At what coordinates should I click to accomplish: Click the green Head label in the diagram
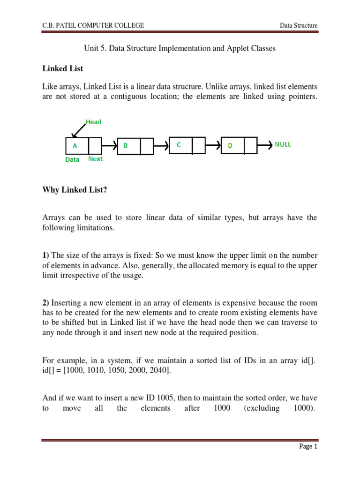93,122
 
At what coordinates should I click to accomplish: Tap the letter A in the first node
74,146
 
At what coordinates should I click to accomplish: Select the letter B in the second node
125,146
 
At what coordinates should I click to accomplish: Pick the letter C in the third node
179,145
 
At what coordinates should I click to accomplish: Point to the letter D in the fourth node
230,146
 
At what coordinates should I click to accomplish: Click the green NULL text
283,144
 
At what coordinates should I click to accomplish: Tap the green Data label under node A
72,159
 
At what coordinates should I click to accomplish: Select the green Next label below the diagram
95,159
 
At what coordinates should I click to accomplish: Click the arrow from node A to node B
109,146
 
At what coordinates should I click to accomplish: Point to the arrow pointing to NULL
264,145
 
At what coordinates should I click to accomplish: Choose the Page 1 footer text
308,447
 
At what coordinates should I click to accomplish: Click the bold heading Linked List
62,68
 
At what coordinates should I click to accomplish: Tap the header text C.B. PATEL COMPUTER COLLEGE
93,25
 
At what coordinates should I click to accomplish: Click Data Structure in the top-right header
299,25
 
